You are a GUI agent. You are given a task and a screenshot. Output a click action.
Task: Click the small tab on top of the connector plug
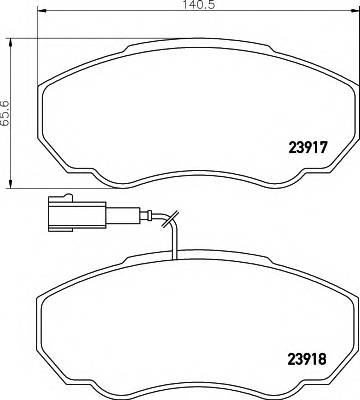[66, 195]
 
